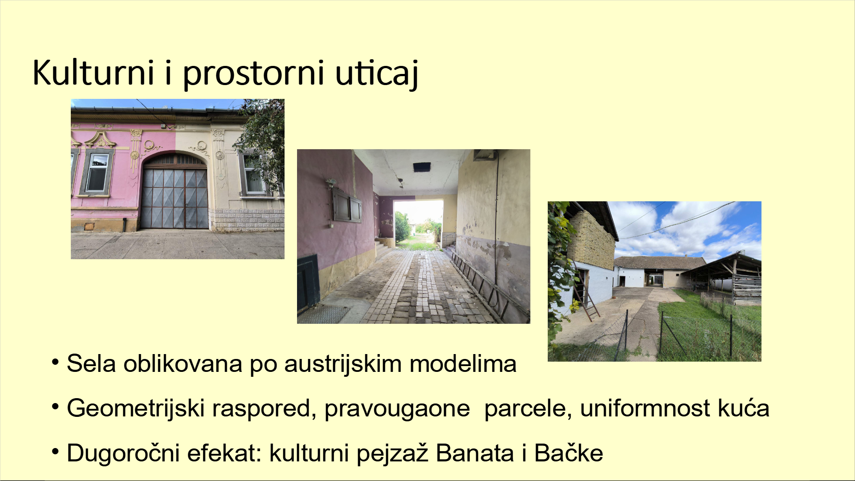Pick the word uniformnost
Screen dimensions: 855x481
pyautogui.click(x=645, y=408)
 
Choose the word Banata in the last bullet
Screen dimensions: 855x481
pyautogui.click(x=475, y=453)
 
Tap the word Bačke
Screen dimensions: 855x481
pyautogui.click(x=569, y=452)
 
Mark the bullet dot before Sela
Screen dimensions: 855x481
pyautogui.click(x=55, y=362)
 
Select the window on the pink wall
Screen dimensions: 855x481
pyautogui.click(x=97, y=173)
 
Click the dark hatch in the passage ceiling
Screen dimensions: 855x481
pyautogui.click(x=421, y=167)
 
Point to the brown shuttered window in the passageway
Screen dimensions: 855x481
pyautogui.click(x=347, y=205)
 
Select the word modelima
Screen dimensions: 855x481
pyautogui.click(x=463, y=364)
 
